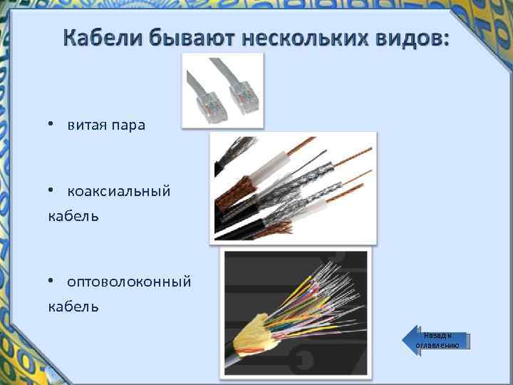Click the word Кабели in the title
coord(103,38)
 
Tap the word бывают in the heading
coord(192,38)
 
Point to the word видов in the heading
coord(413,38)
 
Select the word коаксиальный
coord(119,191)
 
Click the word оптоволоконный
coord(129,282)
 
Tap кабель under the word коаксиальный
coord(73,216)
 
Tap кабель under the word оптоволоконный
coord(73,307)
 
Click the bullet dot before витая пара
coord(51,124)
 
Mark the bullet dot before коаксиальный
coord(51,190)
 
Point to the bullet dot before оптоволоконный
coord(51,281)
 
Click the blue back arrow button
coord(436,341)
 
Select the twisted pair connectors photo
coord(223,91)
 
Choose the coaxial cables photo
coord(293,188)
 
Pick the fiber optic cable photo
coord(296,313)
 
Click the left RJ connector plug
coord(211,107)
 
